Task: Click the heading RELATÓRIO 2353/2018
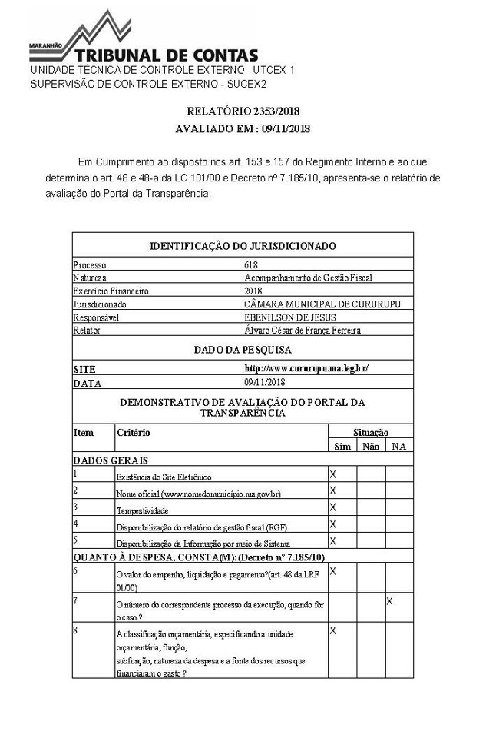click(x=243, y=111)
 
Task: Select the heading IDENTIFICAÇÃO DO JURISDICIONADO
click(x=243, y=246)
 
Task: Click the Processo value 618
click(x=251, y=265)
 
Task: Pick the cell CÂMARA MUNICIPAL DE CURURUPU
click(x=322, y=304)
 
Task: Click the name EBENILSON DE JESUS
click(x=289, y=317)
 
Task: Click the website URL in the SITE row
click(x=306, y=368)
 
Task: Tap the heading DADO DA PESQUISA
click(x=243, y=350)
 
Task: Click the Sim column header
click(x=342, y=447)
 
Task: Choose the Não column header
click(x=370, y=447)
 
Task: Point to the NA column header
click(x=398, y=447)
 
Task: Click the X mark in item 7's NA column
click(x=389, y=600)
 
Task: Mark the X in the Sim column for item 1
click(x=332, y=474)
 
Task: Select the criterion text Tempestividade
click(x=142, y=510)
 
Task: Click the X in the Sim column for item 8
click(x=332, y=631)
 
